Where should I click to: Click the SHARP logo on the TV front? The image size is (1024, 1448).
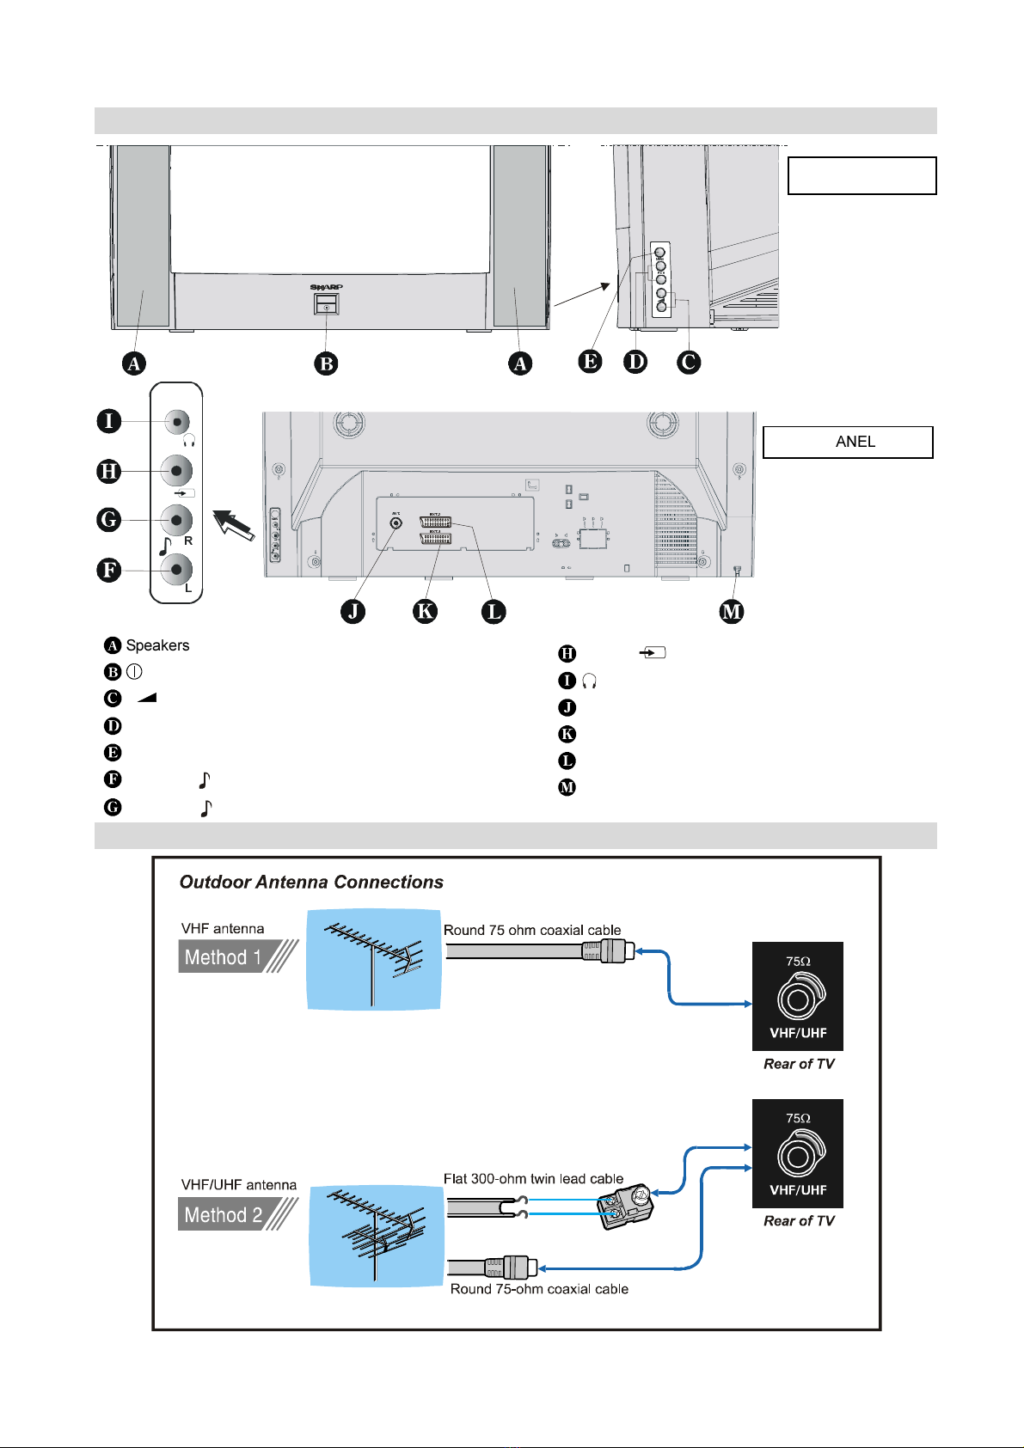[x=327, y=287]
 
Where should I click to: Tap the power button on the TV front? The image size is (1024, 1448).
[x=327, y=304]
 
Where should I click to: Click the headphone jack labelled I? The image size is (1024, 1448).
[x=177, y=421]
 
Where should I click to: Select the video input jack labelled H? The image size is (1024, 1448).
[x=177, y=471]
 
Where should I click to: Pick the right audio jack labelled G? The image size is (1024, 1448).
[x=177, y=520]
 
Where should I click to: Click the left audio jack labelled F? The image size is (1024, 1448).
[x=177, y=569]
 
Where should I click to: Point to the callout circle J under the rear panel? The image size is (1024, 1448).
[x=353, y=611]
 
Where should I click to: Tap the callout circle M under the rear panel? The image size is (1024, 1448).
[x=732, y=611]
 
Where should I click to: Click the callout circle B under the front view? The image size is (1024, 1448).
[x=326, y=364]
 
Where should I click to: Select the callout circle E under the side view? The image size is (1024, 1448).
[x=590, y=361]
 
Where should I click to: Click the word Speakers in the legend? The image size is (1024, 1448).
[x=157, y=645]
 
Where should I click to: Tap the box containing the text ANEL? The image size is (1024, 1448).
[x=848, y=442]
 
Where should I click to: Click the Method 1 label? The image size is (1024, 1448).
[x=224, y=957]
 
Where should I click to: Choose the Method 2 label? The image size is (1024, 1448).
[x=224, y=1215]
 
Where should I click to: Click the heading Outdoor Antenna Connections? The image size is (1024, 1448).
[x=311, y=882]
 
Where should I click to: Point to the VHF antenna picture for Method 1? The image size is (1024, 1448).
[x=374, y=960]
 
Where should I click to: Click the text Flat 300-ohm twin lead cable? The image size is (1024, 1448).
[x=533, y=1179]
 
